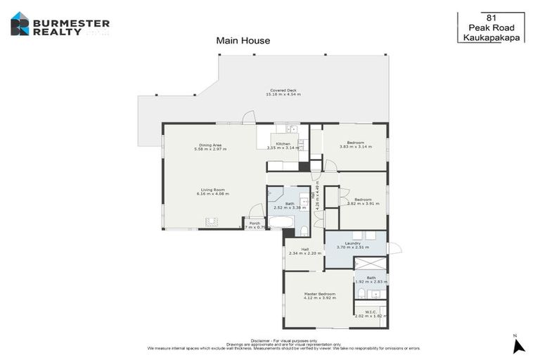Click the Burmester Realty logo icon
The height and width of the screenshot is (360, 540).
click(x=20, y=24)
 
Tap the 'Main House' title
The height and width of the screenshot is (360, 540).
click(x=243, y=41)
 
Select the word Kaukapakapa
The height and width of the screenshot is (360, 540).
click(x=492, y=38)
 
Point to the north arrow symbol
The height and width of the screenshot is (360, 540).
click(x=518, y=345)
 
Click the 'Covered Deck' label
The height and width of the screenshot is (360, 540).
click(x=283, y=90)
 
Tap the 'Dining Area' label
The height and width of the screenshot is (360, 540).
click(x=210, y=145)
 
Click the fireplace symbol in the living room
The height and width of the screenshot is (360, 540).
click(x=211, y=221)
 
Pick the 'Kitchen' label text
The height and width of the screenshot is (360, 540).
click(x=282, y=143)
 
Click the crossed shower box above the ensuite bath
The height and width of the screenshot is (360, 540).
click(x=371, y=264)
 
